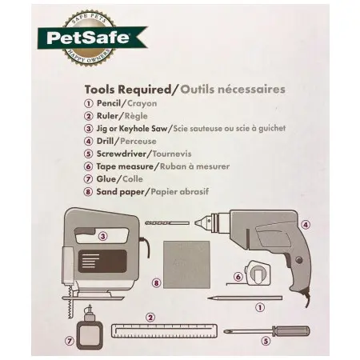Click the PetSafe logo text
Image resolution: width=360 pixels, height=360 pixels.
click(x=88, y=38)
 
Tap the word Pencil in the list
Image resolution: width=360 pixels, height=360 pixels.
click(x=109, y=103)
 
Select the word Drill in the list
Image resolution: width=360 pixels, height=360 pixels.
click(x=105, y=141)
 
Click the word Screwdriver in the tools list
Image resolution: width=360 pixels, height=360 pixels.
click(x=122, y=154)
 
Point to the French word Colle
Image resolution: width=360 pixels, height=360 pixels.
click(x=133, y=179)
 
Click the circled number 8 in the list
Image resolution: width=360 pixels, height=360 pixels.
click(x=88, y=192)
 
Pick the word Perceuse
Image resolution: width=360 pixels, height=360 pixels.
click(x=138, y=141)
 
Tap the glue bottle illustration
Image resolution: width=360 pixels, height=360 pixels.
click(x=89, y=328)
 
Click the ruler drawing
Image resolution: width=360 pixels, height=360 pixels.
click(x=164, y=330)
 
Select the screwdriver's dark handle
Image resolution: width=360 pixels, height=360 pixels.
click(x=291, y=331)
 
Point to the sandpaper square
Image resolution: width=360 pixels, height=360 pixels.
click(x=186, y=265)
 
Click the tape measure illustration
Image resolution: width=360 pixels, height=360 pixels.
click(x=257, y=273)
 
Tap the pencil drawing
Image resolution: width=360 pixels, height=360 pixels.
click(x=245, y=298)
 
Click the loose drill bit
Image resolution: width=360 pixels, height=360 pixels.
click(x=167, y=223)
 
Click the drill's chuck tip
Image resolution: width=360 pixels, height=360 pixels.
click(x=196, y=223)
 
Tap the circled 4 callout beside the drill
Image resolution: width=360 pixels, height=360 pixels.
click(x=306, y=225)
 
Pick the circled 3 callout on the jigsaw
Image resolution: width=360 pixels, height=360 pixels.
click(x=102, y=236)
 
